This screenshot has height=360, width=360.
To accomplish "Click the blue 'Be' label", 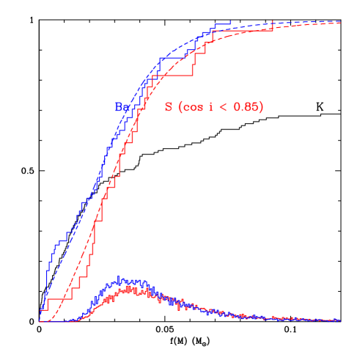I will click(122, 106).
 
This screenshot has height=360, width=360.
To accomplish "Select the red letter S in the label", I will click(169, 107).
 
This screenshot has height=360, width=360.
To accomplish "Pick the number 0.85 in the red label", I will click(246, 107).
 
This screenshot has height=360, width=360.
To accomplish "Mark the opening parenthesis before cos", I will click(180, 107).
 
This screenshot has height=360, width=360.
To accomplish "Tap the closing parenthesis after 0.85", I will click(261, 107).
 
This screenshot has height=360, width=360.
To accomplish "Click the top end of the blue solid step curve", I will click(230, 22).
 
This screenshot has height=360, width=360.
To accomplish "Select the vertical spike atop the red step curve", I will click(272, 22).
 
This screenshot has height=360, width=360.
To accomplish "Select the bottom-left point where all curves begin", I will click(40, 321).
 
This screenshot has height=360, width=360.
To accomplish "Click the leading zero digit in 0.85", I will click(238, 107).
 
